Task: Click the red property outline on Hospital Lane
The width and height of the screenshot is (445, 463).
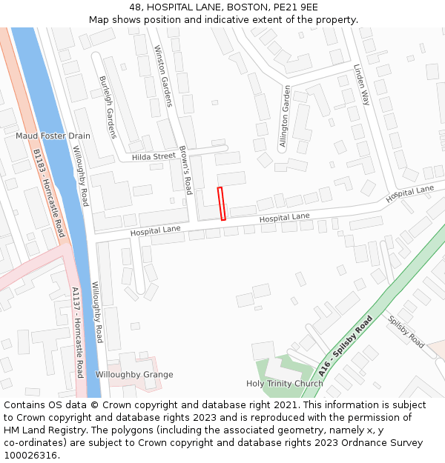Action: [x=221, y=204]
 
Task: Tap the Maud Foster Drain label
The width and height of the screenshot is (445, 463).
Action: [x=53, y=136]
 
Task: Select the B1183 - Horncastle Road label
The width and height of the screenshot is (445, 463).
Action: [x=50, y=193]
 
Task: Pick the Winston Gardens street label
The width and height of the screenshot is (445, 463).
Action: [x=162, y=75]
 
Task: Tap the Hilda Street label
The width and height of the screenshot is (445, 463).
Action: [x=154, y=156]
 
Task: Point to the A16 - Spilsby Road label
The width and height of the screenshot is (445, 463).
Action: [x=345, y=347]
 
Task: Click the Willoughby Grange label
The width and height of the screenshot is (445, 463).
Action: [x=134, y=375]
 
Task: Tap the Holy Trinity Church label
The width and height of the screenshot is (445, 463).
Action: [x=285, y=384]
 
